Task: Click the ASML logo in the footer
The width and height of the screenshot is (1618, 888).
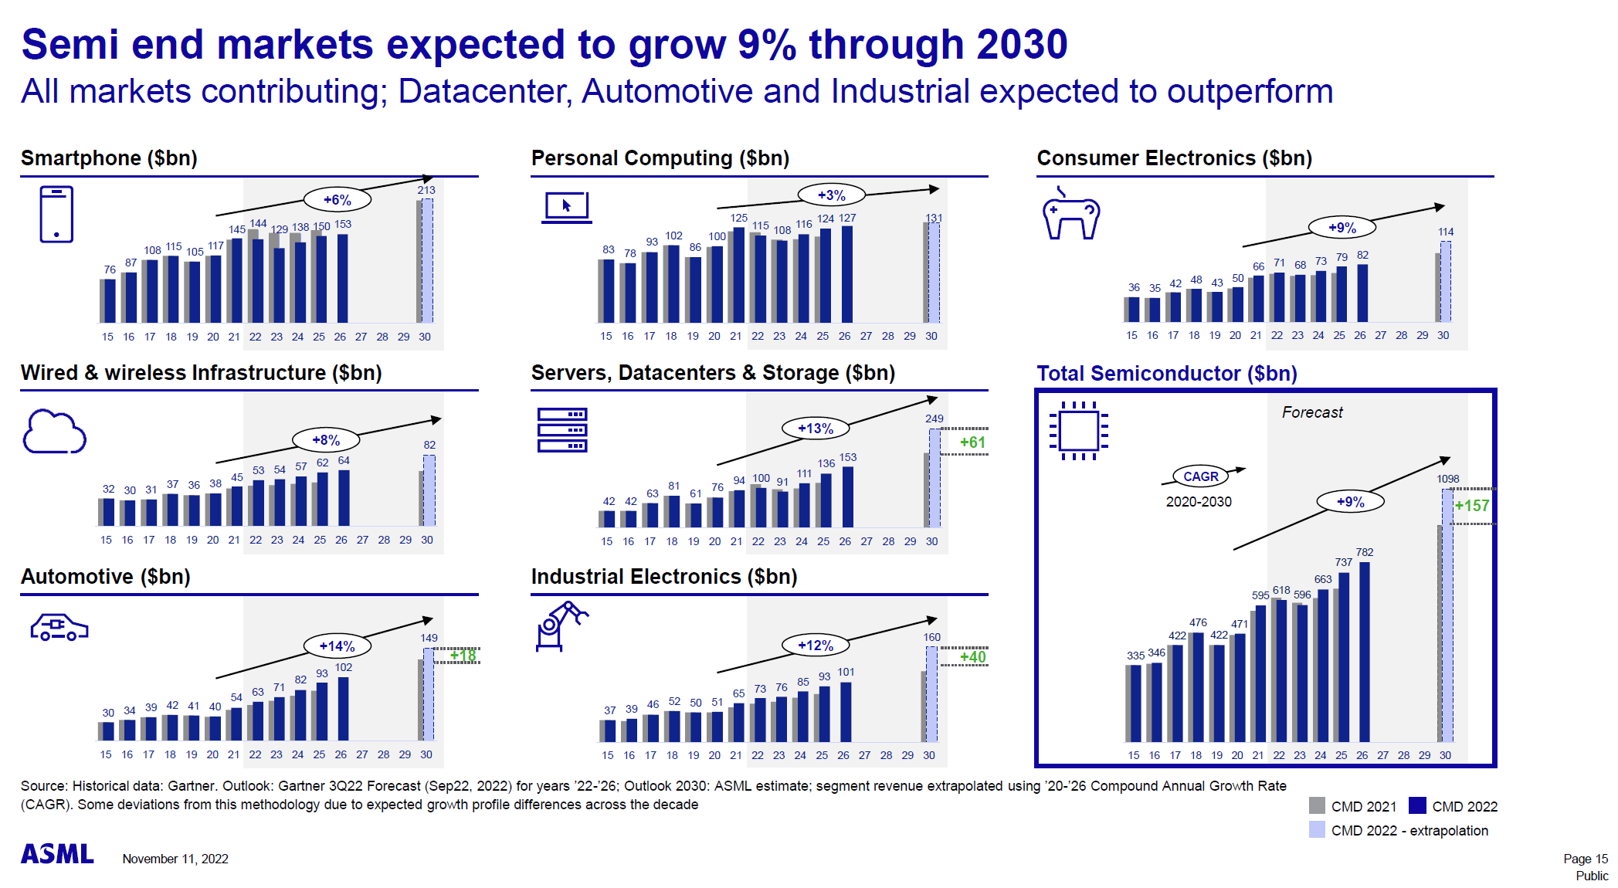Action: (57, 854)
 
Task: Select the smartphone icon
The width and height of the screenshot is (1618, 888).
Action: (56, 215)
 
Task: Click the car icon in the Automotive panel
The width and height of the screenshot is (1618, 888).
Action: (59, 627)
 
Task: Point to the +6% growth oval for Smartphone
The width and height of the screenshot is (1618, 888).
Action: (337, 200)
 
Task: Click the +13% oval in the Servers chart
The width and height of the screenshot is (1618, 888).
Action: (815, 429)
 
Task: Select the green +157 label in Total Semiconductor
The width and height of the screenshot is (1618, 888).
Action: (1471, 506)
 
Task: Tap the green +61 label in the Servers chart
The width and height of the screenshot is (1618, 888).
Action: (972, 442)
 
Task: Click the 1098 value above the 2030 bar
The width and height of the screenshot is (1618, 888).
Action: (1447, 479)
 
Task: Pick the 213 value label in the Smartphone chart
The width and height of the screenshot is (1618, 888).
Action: (426, 190)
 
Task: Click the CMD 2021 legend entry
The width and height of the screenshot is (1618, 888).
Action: (1353, 806)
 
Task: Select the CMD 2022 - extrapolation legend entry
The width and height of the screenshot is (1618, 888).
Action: (1399, 831)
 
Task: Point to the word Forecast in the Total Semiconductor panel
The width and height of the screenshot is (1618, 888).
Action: (1312, 412)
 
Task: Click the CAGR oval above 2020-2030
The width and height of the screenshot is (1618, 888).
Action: (1200, 476)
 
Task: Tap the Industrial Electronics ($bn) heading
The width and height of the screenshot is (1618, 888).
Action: (663, 577)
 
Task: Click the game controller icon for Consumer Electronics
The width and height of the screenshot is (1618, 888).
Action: (1070, 215)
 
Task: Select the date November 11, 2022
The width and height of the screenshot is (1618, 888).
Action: (175, 859)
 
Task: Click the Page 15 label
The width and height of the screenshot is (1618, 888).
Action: (1585, 859)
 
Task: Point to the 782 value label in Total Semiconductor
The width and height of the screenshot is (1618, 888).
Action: (1365, 552)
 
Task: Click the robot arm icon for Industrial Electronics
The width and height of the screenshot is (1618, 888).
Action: (560, 625)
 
